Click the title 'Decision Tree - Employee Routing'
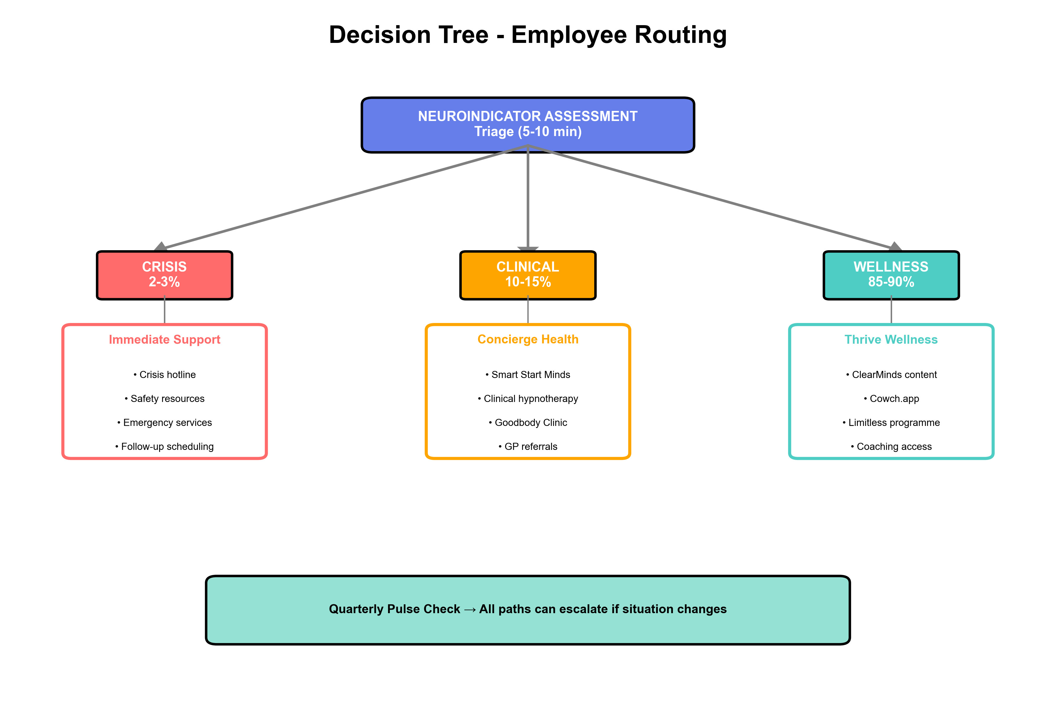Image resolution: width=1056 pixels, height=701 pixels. tap(527, 35)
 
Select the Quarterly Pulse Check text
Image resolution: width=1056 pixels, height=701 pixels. tap(527, 609)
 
